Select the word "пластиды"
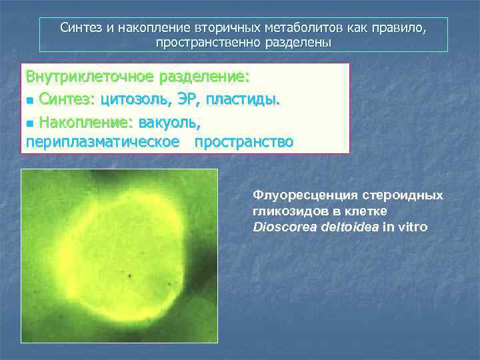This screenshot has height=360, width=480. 244,99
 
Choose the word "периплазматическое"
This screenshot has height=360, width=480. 103,141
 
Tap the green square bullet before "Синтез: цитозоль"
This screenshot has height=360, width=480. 29,101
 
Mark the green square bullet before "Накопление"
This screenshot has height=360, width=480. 29,123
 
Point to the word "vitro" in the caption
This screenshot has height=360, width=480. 413,227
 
